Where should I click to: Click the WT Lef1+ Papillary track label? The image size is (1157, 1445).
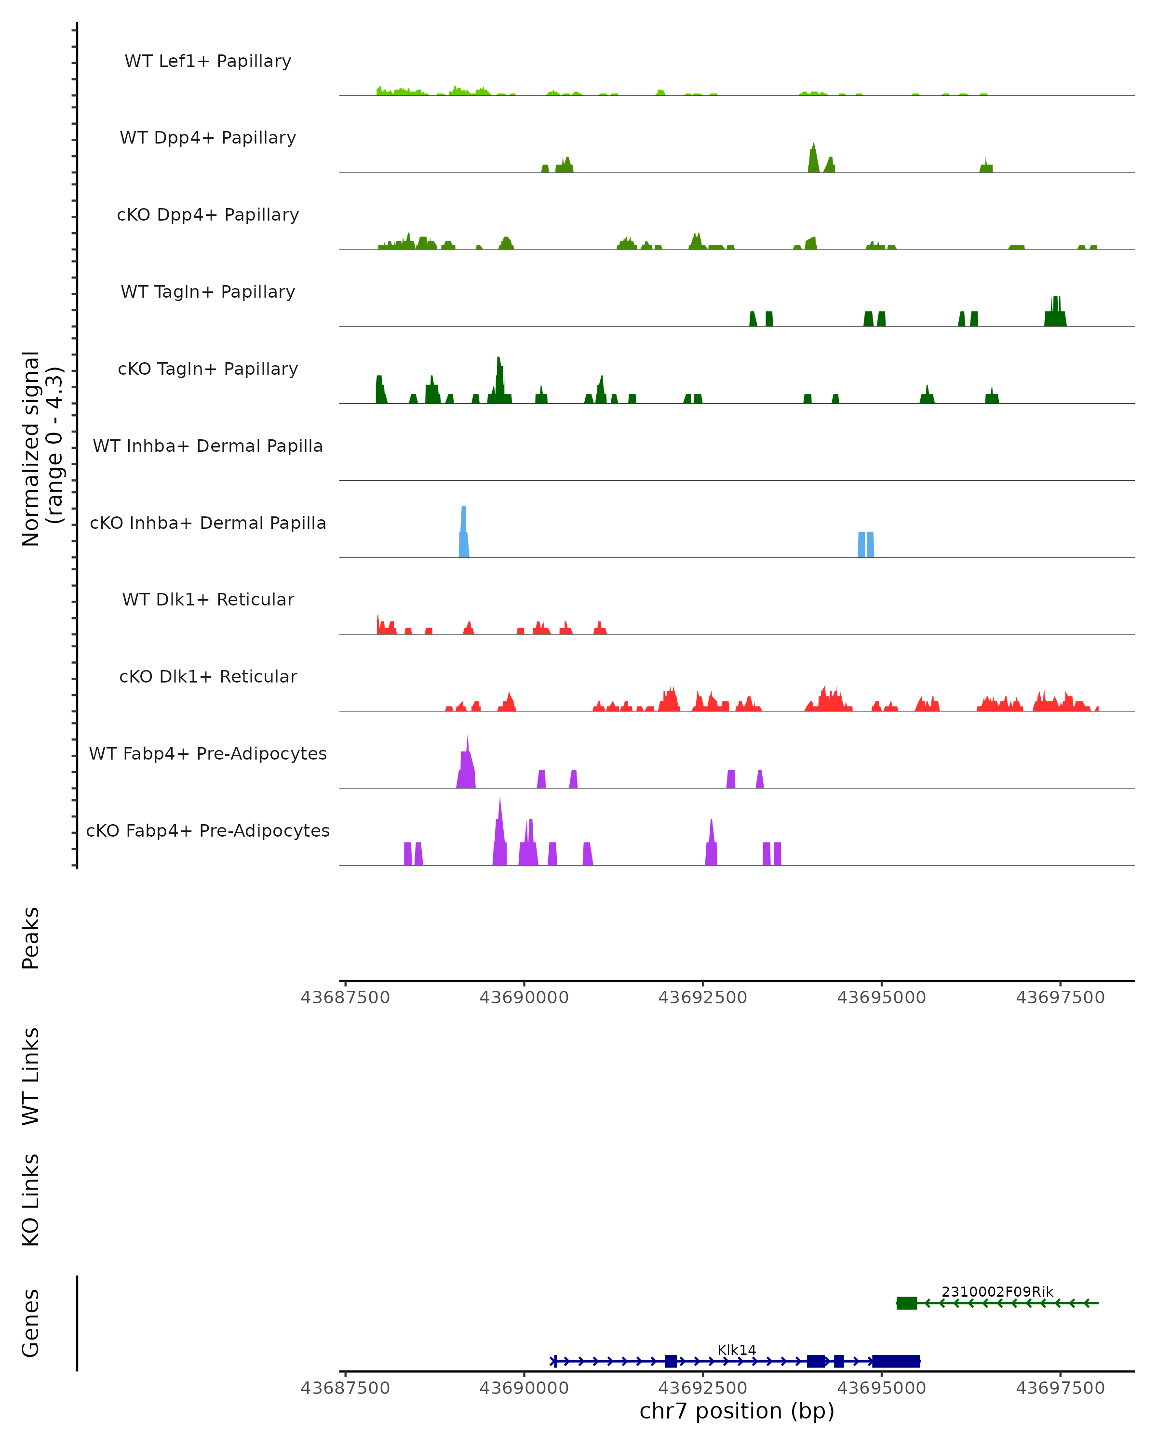pos(208,61)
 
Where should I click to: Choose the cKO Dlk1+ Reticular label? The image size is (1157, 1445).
pos(208,676)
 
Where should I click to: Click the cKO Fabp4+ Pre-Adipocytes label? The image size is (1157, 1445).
pos(208,830)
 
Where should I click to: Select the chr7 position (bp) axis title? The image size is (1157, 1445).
pos(737,1411)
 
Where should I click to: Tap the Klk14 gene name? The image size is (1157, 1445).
pos(737,1350)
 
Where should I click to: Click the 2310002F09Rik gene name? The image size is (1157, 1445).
pos(996,1291)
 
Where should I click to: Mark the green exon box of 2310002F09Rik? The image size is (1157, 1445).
pos(906,1303)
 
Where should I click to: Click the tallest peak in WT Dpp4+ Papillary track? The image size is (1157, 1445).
pos(814,158)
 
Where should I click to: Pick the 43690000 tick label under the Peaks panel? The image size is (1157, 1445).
pos(524,998)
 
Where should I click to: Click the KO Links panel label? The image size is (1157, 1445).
pos(31,1200)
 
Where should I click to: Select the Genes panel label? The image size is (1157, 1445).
pos(31,1323)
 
